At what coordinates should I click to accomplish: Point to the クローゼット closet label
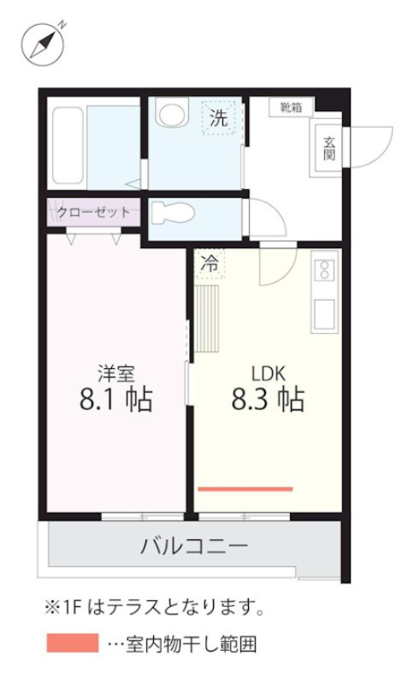[x=94, y=211]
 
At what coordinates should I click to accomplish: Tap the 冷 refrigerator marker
[x=209, y=265]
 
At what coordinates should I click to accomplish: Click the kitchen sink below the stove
[x=325, y=314]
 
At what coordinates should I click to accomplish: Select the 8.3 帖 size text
[x=268, y=399]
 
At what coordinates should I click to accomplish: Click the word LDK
[x=267, y=373]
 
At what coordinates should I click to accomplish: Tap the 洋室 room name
[x=113, y=374]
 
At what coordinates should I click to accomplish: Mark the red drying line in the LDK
[x=245, y=489]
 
